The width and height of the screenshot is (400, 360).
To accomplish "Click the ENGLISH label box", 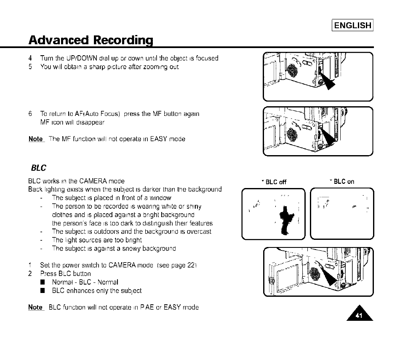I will (353, 25).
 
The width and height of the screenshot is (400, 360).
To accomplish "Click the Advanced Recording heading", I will (90, 40).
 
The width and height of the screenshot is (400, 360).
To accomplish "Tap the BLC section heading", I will (39, 168).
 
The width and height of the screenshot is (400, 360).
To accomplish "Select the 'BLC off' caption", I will (274, 182).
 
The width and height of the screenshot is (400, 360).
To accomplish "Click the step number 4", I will (30, 58).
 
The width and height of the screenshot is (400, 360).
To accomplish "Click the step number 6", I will (30, 114).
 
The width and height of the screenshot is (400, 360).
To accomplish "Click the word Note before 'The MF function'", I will (36, 139).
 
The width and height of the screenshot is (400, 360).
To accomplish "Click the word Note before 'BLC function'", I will (36, 307).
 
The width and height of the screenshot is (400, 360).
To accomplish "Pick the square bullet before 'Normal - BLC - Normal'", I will (43, 282).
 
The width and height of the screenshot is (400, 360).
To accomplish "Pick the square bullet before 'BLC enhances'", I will (43, 290).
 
